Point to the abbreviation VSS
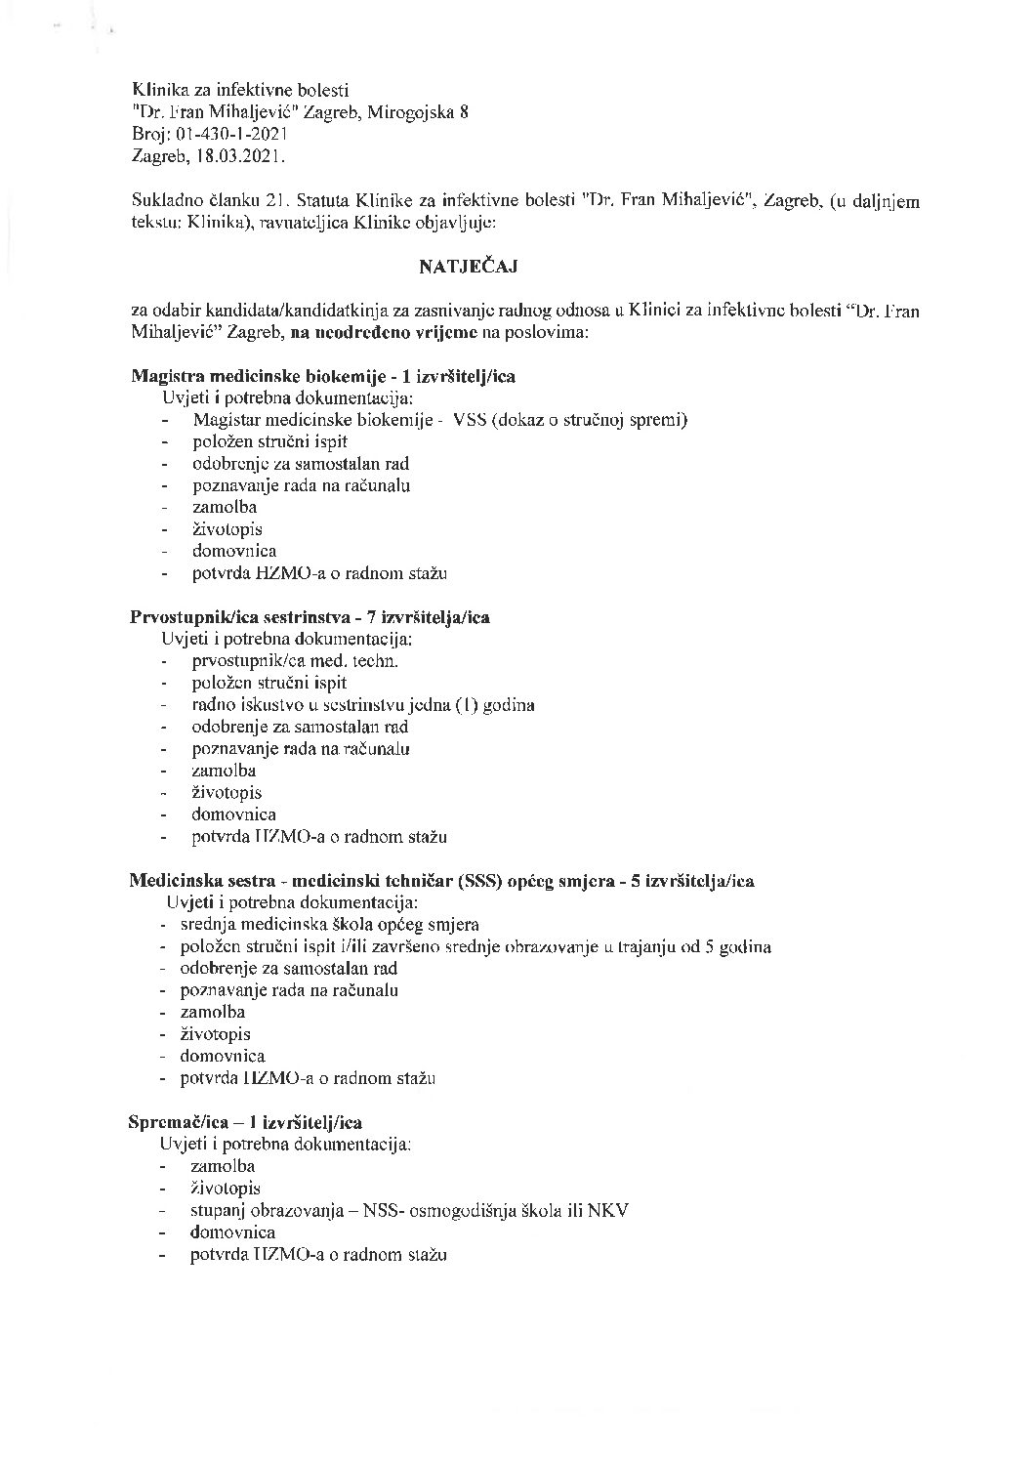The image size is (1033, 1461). point(472,420)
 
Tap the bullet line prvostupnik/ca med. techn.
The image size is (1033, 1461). point(295,661)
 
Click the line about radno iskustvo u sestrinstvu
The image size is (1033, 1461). point(363,705)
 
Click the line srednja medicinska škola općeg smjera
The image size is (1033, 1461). point(330,924)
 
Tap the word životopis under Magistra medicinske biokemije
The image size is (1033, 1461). point(227,529)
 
